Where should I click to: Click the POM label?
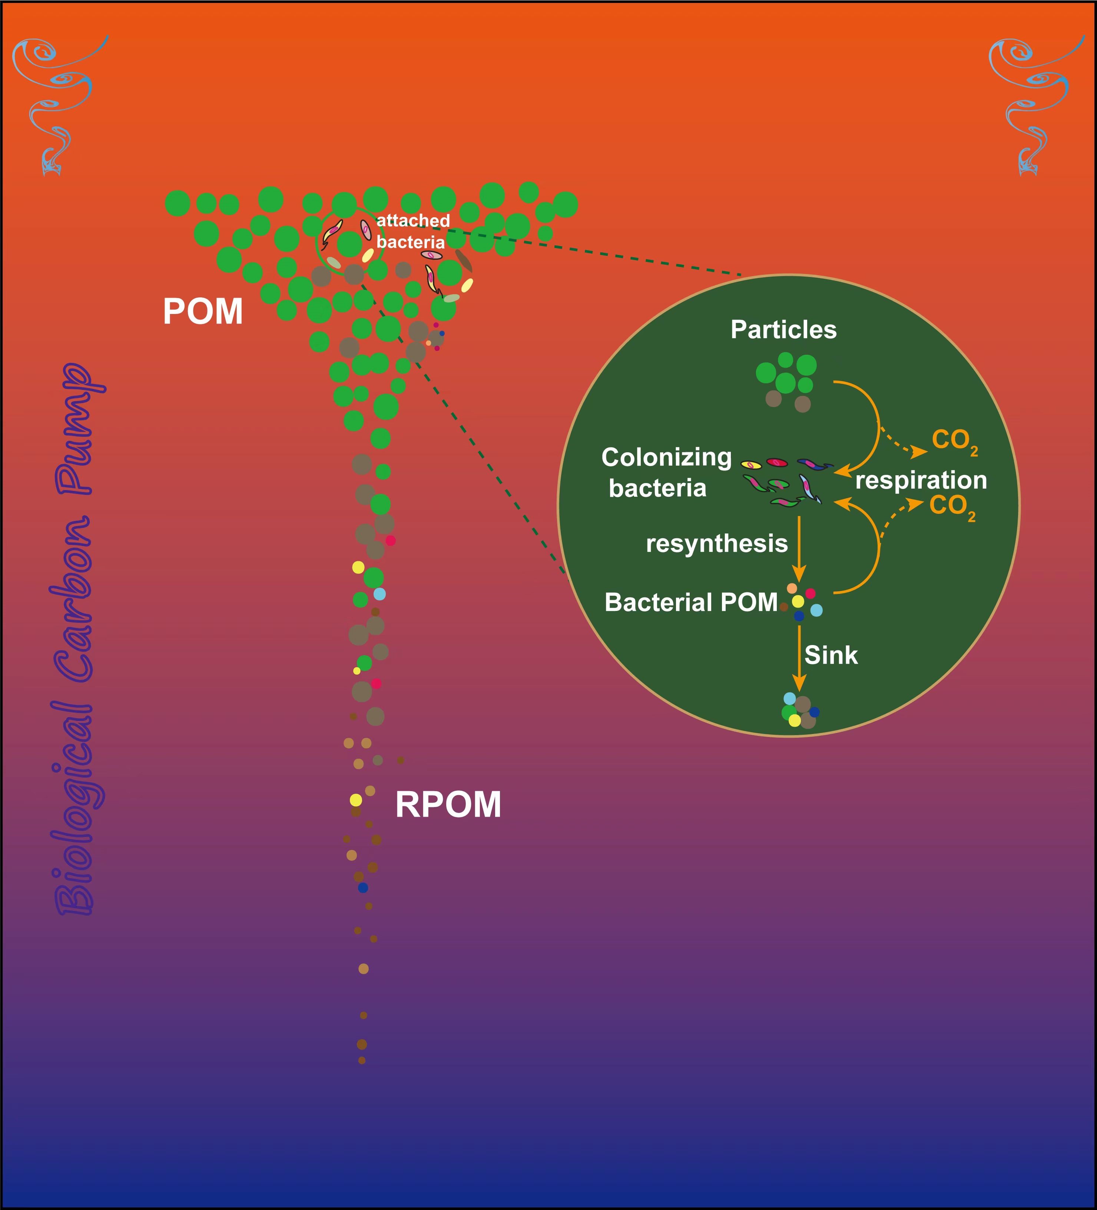[x=203, y=311]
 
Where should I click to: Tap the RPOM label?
[x=448, y=804]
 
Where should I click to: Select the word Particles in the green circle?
[x=783, y=330]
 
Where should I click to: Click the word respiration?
[x=921, y=480]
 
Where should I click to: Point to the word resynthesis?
[x=716, y=543]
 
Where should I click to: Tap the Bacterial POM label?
[x=691, y=602]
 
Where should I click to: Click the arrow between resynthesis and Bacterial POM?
[x=799, y=548]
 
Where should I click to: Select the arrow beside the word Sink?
[x=799, y=658]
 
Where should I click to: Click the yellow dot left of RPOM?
[x=356, y=800]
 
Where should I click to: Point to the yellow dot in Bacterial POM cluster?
[x=798, y=601]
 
